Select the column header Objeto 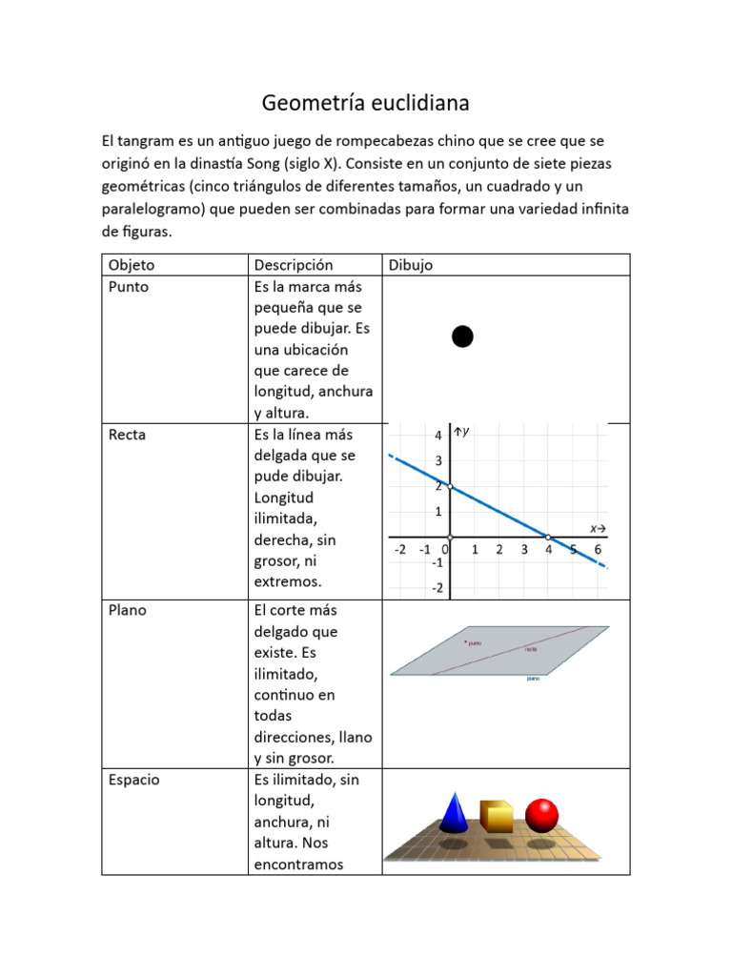coord(132,265)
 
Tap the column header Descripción coord(294,265)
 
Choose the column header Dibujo coord(410,265)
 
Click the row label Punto coord(129,286)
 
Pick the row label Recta coord(128,435)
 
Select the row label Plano coord(128,610)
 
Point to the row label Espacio coord(134,780)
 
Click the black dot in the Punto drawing coord(462,335)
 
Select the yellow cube coord(496,816)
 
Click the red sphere coord(541,815)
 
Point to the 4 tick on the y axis coord(437,436)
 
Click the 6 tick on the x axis coord(598,550)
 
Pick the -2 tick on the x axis coord(399,550)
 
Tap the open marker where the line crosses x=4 coord(548,537)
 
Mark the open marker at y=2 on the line coord(449,487)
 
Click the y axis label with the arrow coord(463,433)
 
